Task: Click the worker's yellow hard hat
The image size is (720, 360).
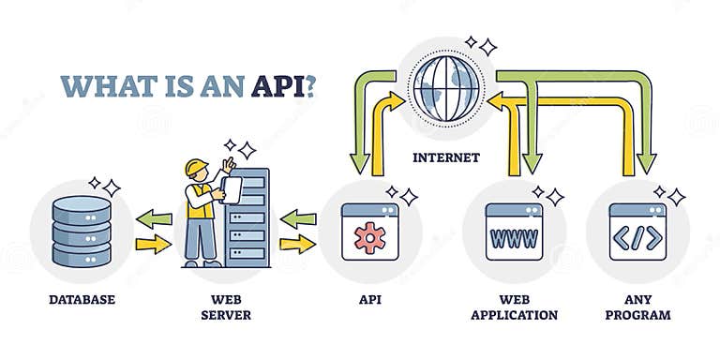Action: [196, 168]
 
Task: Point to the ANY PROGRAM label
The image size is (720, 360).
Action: [637, 307]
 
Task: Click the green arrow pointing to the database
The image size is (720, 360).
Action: [154, 219]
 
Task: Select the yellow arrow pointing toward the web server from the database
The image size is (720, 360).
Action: [154, 246]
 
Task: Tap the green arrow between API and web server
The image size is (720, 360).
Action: [297, 219]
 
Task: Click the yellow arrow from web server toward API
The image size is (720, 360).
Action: [297, 246]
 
